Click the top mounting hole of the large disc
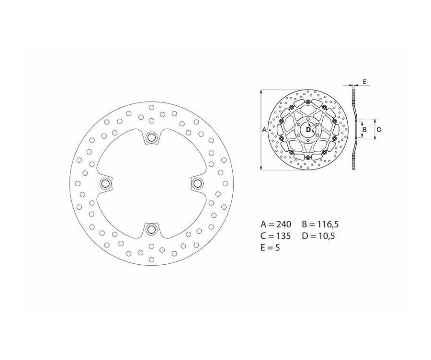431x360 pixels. [152, 138]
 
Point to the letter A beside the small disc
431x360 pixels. [265, 130]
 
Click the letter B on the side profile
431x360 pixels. [364, 129]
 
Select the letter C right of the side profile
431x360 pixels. [379, 129]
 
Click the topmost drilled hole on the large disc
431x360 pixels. [151, 107]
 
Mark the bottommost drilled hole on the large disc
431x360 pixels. [151, 259]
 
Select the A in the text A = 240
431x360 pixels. [263, 224]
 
